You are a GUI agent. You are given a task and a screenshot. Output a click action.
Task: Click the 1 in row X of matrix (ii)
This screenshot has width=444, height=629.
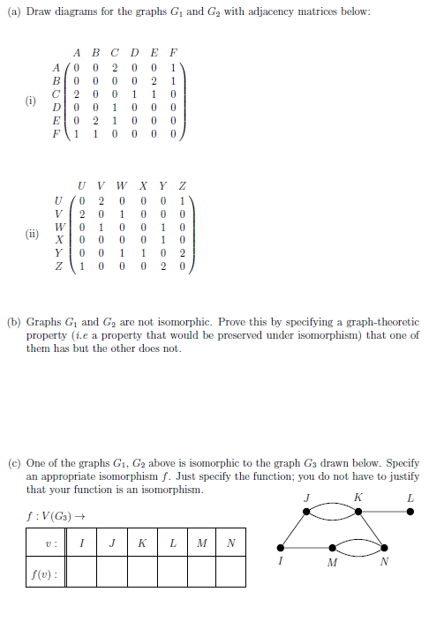coord(160,238)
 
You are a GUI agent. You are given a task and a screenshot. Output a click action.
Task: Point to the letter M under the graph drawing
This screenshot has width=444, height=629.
coord(331,563)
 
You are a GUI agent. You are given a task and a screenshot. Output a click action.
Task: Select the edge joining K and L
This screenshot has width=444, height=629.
coord(384,510)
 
